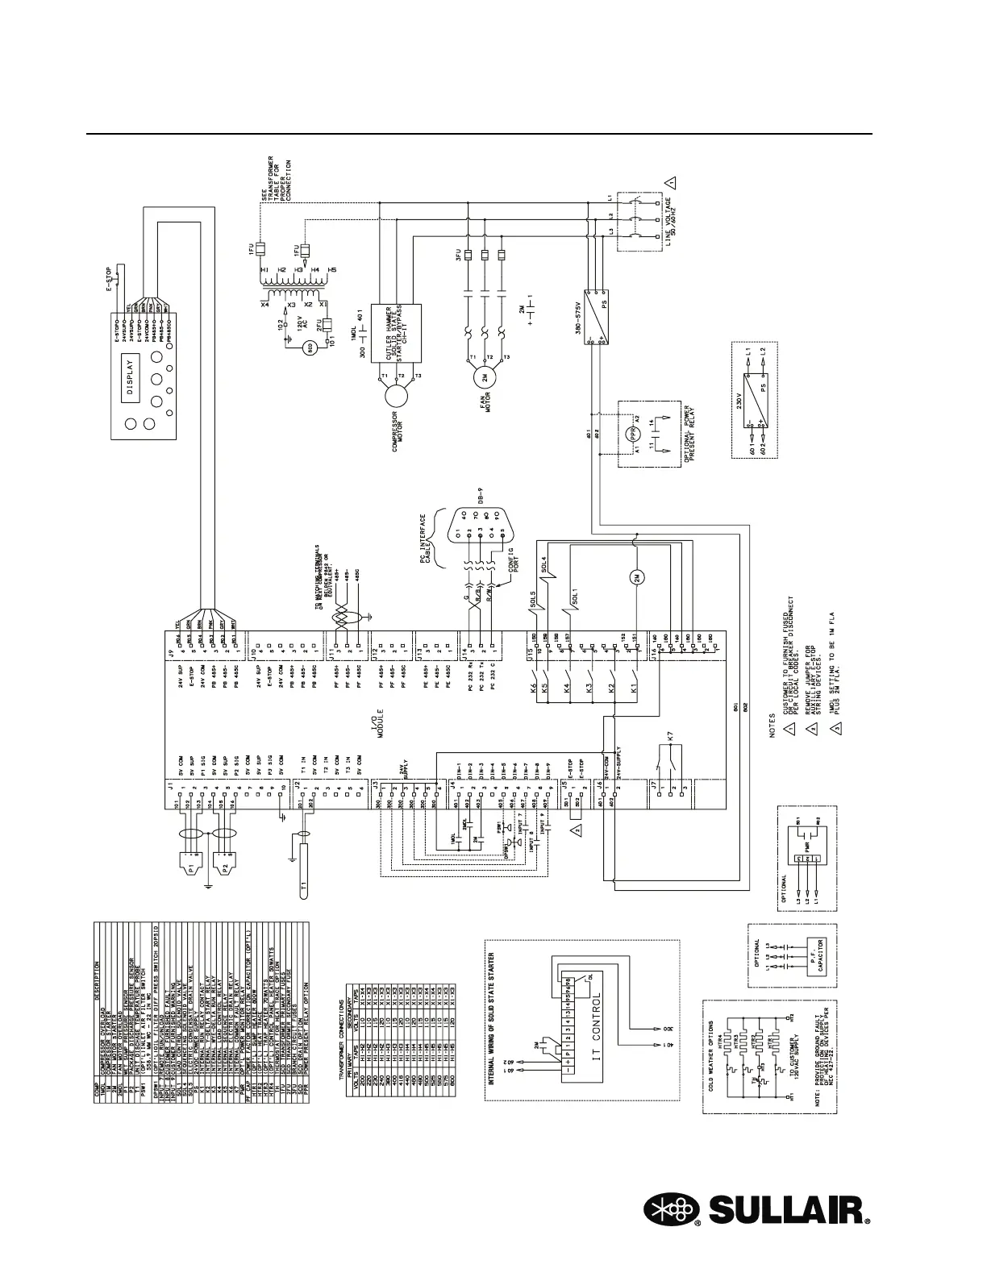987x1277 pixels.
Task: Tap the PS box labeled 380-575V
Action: [x=595, y=317]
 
